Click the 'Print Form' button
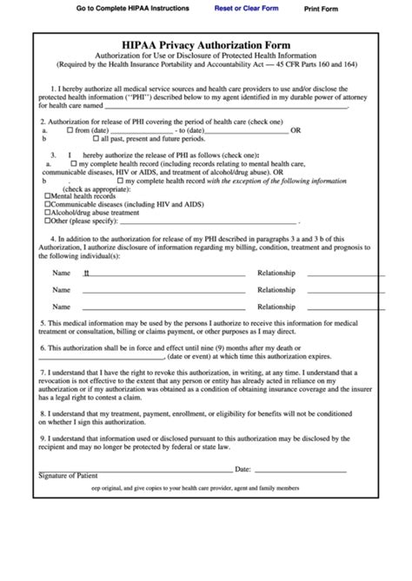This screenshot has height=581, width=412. click(x=321, y=9)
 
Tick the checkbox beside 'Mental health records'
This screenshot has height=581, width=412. click(x=47, y=195)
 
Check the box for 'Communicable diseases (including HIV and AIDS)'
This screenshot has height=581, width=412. click(x=47, y=204)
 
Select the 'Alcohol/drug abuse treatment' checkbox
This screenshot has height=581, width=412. click(x=47, y=212)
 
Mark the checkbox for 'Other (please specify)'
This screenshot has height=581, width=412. click(x=47, y=221)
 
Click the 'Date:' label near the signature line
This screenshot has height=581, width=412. click(x=243, y=468)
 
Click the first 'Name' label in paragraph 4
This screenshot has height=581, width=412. click(x=61, y=273)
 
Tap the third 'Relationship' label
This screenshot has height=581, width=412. click(x=276, y=307)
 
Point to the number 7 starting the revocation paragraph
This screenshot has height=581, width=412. click(x=43, y=370)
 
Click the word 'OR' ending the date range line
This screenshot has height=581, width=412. click(x=296, y=129)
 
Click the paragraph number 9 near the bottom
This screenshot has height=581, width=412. click(x=43, y=439)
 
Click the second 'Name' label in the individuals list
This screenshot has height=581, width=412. click(x=61, y=290)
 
